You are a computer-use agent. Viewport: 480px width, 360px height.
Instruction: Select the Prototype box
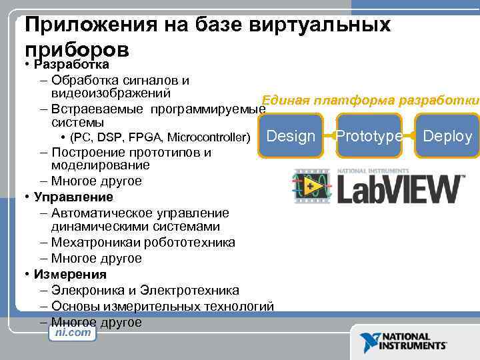coord(369,136)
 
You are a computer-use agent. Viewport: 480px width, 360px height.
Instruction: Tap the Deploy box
coord(447,136)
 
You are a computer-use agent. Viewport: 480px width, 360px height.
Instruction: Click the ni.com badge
coord(73,332)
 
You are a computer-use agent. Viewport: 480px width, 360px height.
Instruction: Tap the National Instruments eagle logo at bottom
coord(369,342)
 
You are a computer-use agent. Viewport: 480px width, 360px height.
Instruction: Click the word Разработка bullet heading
coord(75,65)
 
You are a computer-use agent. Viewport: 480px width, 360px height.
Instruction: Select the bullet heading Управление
coord(75,197)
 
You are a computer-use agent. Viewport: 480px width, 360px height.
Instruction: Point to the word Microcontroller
coord(209,138)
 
